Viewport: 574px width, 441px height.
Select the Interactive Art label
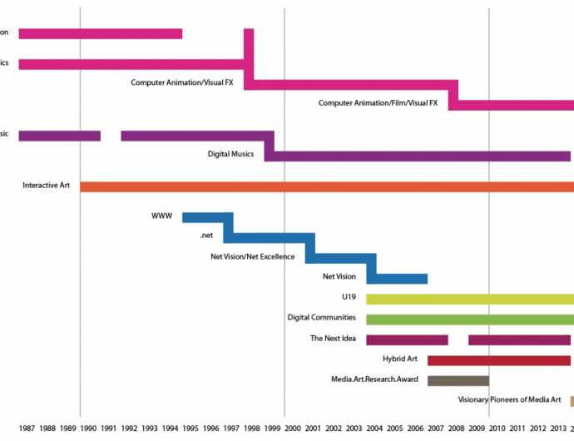pos(46,185)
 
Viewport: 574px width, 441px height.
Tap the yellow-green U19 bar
pos(469,299)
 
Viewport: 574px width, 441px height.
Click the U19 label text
pos(349,297)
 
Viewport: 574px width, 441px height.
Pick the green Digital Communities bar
pos(469,319)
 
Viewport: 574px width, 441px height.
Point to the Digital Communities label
pos(321,318)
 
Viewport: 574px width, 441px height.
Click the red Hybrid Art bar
pos(498,360)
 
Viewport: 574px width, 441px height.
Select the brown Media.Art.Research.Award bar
pos(458,380)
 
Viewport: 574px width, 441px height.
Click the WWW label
pos(161,216)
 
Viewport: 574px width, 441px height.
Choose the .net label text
pos(207,236)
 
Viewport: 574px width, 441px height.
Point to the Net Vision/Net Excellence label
pos(252,256)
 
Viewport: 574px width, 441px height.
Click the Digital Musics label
pos(230,154)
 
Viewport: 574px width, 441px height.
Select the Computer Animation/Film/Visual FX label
pos(378,103)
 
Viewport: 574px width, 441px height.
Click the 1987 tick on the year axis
pos(27,428)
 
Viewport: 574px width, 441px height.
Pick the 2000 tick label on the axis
pos(293,428)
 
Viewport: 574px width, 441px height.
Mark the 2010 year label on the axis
pos(497,428)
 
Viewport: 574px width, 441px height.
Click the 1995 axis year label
pos(191,428)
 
